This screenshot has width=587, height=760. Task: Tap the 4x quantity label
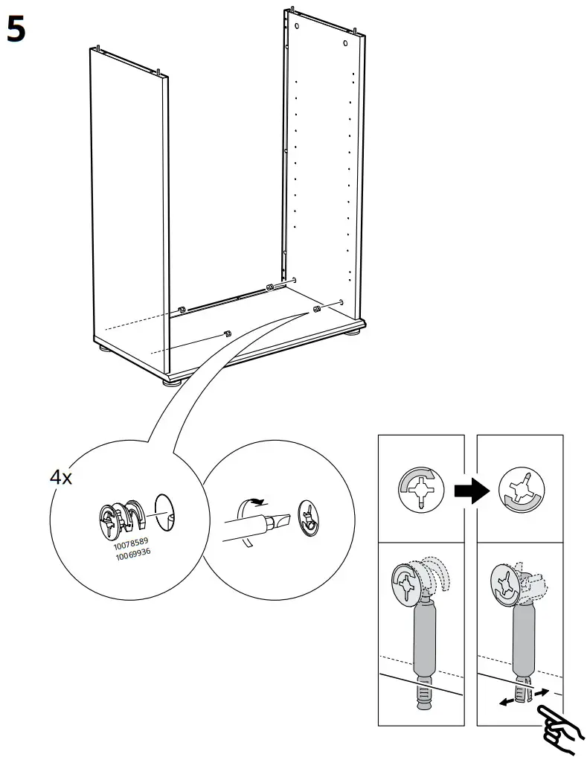tap(61, 477)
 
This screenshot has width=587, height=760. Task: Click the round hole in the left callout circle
tap(164, 511)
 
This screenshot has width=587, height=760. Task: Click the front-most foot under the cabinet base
tap(172, 383)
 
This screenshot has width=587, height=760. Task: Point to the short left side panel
tap(128, 201)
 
